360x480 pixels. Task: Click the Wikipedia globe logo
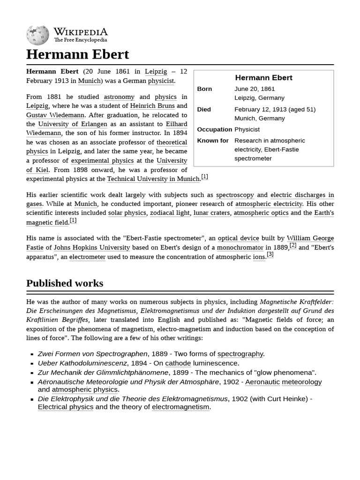point(37,35)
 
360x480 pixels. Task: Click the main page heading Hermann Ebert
point(77,54)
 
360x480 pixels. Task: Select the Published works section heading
point(65,283)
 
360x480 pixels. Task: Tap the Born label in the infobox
point(204,89)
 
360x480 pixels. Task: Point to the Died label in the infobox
point(204,109)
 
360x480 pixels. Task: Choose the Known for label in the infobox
point(213,141)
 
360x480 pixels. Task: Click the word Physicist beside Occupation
point(247,129)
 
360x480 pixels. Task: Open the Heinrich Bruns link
point(152,106)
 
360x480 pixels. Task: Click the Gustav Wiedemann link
point(55,115)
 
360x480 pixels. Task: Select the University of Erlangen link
point(72,124)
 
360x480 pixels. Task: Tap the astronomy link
point(119,97)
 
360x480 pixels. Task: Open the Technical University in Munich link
point(153,179)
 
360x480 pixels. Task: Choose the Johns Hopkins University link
point(92,247)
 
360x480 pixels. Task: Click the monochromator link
point(240,247)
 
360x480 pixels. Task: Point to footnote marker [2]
point(293,245)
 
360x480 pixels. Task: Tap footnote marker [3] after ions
point(270,254)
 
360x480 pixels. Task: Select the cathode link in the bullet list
point(178,363)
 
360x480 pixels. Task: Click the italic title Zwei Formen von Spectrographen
point(93,354)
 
